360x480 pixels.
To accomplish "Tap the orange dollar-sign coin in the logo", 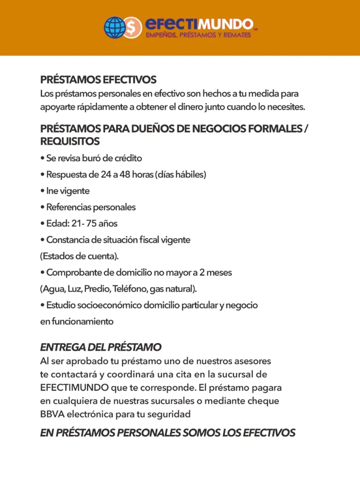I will pos(135,28).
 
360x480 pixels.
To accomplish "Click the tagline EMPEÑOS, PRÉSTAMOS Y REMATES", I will pos(198,36).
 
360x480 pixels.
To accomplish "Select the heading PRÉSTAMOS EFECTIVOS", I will pos(98,80).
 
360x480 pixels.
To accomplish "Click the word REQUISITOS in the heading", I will pos(70,141).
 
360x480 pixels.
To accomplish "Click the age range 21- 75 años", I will pos(91,223).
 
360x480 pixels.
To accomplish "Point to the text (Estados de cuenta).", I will pos(79,256).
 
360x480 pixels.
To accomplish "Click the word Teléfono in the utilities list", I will pos(130,288).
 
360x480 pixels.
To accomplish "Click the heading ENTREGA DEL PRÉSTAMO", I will pos(100,347).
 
